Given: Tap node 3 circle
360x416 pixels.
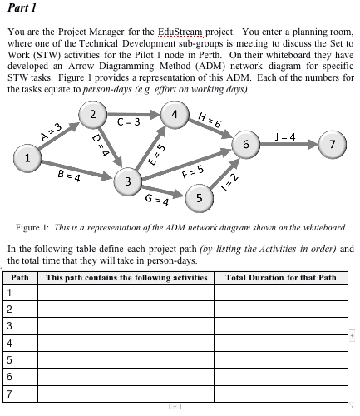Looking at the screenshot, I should [127, 181].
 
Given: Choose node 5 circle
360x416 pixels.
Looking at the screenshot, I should [200, 197].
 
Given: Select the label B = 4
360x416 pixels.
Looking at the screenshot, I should [68, 176].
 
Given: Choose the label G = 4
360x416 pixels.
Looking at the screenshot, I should [157, 201].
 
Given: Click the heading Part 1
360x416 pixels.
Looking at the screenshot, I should [22, 9].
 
